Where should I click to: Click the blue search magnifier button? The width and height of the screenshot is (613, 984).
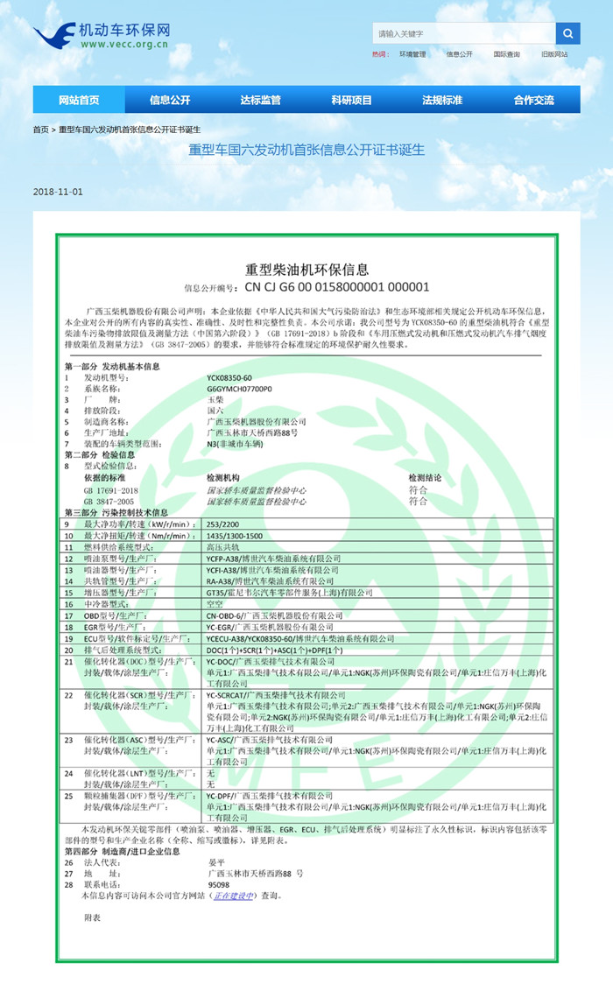pos(567,34)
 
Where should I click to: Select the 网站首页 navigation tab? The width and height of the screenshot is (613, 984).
pos(79,100)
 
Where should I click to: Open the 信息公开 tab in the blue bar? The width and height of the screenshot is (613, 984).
pos(170,100)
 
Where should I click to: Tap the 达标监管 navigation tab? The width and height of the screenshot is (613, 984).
pos(260,100)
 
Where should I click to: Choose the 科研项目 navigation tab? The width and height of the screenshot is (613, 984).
pos(351,100)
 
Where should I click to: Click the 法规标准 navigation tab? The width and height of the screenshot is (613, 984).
pos(442,100)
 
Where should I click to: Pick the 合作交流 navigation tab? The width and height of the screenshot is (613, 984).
pos(533,100)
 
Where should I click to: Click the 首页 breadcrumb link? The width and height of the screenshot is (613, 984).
pos(40,130)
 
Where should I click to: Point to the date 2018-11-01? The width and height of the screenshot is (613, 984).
pos(58,192)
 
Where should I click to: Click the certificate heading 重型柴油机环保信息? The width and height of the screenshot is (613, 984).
pos(306,270)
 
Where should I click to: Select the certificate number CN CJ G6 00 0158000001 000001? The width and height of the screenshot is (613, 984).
pos(336,286)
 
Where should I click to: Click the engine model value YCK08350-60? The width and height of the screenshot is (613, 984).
pos(229,377)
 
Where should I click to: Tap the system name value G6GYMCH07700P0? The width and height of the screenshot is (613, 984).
pos(239,387)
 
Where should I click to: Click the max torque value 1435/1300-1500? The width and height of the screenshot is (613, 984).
pos(235,534)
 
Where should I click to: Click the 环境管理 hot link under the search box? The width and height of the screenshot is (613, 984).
pos(412,54)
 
